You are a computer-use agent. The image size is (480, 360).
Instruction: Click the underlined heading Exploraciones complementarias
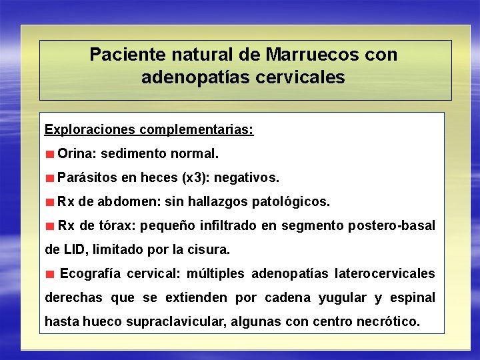point(149,129)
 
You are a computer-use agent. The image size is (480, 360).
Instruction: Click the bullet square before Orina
point(50,155)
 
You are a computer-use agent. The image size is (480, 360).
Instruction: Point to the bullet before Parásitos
point(50,179)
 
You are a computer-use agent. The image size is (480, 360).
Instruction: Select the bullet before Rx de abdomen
point(50,202)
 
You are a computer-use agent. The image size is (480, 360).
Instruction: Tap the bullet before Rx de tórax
point(50,226)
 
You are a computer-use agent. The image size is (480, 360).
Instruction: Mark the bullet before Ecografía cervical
point(50,274)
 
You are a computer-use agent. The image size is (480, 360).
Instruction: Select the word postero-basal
point(391,225)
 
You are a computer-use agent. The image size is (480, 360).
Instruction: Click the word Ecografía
point(91,273)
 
